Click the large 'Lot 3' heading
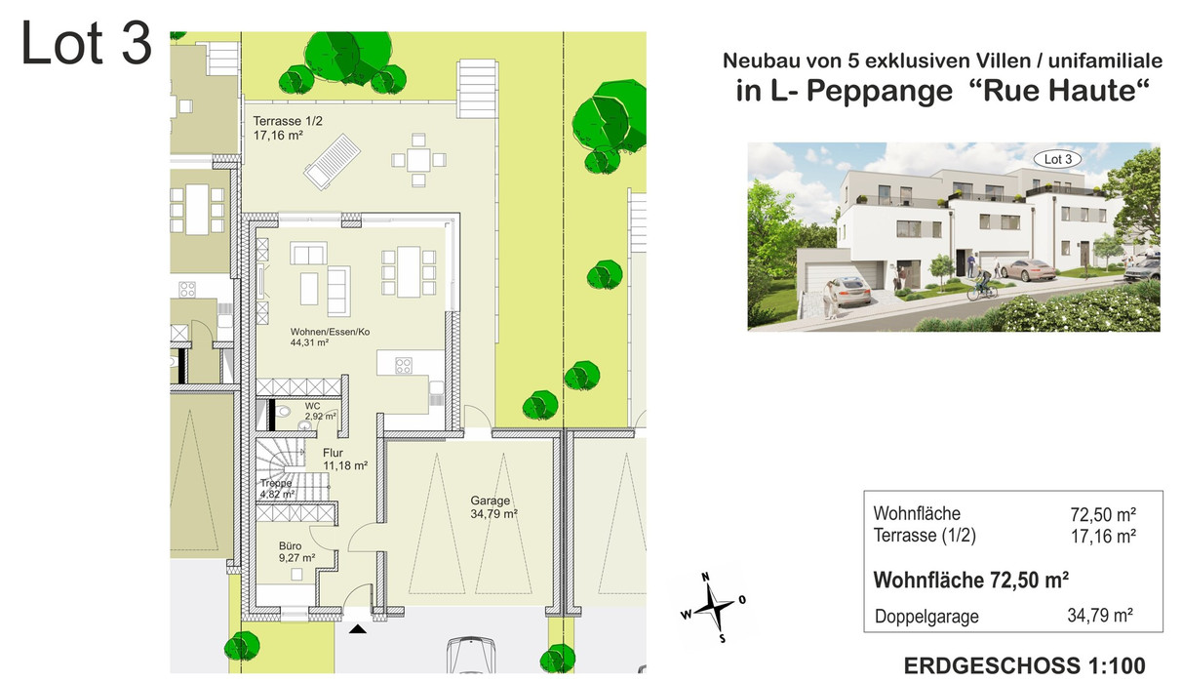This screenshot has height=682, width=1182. click(x=87, y=43)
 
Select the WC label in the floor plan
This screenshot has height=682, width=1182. click(x=312, y=407)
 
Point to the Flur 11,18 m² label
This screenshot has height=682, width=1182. click(x=345, y=460)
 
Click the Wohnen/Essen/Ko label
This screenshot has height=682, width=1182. click(x=330, y=332)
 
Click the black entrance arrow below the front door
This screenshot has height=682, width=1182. click(x=358, y=628)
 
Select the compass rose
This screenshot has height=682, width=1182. click(x=714, y=608)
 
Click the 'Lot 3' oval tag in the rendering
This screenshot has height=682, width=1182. click(x=1057, y=159)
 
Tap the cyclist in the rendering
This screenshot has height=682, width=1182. click(x=981, y=285)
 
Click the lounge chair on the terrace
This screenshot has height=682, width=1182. click(x=332, y=162)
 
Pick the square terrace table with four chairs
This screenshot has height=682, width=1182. click(x=418, y=159)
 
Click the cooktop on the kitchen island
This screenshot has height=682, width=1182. click(x=404, y=365)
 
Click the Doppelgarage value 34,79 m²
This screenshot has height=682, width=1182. click(x=1100, y=615)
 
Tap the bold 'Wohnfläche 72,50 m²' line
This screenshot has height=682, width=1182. click(x=971, y=581)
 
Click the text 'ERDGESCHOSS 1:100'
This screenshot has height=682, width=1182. click(x=1025, y=665)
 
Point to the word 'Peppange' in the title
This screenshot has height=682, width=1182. click(x=879, y=91)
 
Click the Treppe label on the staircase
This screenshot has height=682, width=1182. click(x=275, y=483)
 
